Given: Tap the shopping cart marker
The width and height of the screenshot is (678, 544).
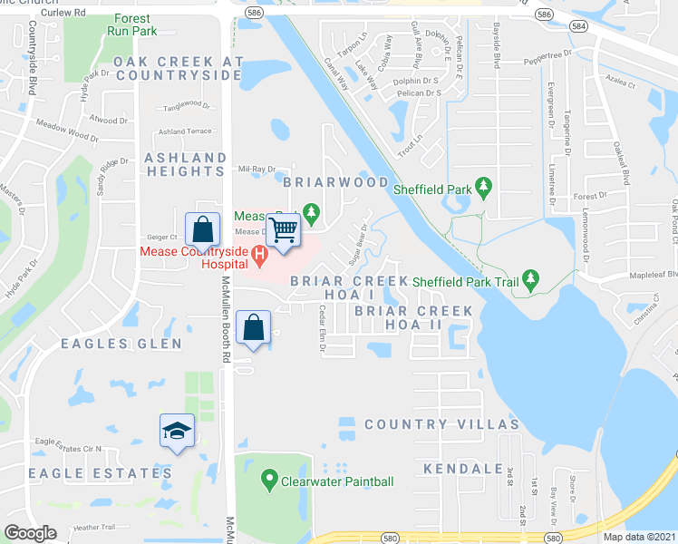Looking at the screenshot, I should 284,231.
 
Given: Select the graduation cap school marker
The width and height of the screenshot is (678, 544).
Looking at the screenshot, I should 177,432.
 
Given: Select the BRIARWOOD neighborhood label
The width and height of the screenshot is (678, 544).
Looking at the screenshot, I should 335,182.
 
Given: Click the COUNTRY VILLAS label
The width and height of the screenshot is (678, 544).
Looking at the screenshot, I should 441,424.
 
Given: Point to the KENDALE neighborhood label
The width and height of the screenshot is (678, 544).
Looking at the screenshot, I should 462,469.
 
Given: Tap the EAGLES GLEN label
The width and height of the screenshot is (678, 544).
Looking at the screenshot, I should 121,344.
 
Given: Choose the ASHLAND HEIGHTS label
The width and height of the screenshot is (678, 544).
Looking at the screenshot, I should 185,166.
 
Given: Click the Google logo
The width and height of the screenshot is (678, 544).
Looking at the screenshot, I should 31,532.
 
